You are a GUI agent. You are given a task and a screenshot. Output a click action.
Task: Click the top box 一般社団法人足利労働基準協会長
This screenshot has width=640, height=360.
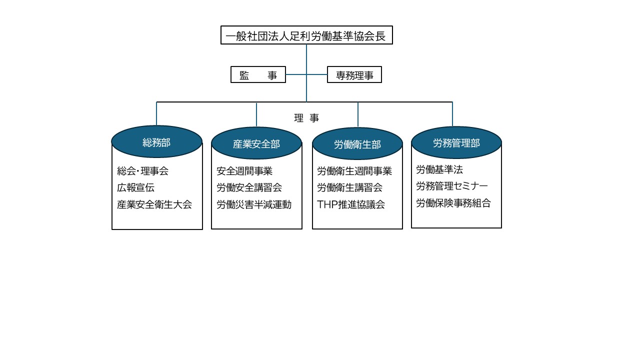[x=306, y=35]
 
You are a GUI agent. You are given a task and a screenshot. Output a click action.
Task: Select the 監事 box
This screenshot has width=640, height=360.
[x=258, y=74]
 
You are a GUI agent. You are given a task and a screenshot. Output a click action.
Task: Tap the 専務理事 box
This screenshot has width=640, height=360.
[x=354, y=74]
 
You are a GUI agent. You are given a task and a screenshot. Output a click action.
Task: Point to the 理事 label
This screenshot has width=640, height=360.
[x=306, y=117]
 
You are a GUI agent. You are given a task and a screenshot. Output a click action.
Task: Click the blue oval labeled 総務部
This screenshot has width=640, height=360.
[x=157, y=141]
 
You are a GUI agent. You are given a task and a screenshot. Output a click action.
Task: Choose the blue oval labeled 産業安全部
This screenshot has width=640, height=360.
[x=256, y=143]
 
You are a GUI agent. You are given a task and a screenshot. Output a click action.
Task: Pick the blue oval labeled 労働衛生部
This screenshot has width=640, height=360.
[x=357, y=143]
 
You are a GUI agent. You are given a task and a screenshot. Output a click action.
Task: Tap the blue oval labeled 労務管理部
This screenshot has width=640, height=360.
[x=456, y=142]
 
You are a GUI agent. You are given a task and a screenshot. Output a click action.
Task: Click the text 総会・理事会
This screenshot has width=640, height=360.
[x=143, y=171]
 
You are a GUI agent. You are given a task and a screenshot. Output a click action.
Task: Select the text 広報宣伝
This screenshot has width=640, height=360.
[x=135, y=187]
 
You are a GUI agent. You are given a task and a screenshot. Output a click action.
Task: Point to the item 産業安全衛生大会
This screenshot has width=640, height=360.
[x=154, y=204]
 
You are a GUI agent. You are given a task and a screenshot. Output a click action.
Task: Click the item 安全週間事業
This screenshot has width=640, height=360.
[x=244, y=171]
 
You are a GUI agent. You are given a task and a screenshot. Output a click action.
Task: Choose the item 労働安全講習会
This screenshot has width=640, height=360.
[x=249, y=187]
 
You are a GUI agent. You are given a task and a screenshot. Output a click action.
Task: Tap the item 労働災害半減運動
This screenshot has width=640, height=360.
[x=254, y=204]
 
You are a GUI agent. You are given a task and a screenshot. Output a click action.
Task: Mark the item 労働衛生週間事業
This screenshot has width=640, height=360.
[x=354, y=171]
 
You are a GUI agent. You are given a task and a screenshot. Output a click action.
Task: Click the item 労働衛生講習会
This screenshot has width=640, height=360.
[x=350, y=187]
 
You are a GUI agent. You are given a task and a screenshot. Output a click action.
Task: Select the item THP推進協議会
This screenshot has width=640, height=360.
[x=351, y=204]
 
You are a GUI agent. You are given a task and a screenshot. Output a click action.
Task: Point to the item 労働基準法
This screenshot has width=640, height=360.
[x=439, y=169]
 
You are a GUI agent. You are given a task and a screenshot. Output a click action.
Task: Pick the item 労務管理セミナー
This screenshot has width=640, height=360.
[x=452, y=186]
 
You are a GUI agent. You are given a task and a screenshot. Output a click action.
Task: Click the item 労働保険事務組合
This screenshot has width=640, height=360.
[x=453, y=203]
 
